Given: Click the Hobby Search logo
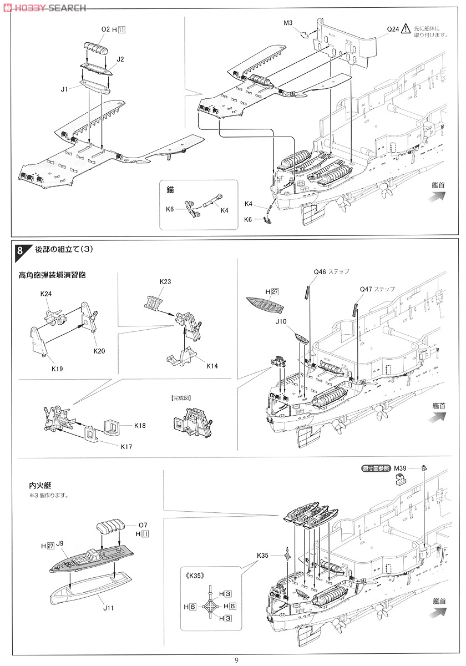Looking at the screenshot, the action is (x=44, y=8).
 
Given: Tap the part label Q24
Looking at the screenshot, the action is (x=393, y=29).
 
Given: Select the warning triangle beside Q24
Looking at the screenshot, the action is (x=406, y=28).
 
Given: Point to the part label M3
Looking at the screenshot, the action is (x=288, y=23).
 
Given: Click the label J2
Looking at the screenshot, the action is (x=120, y=59).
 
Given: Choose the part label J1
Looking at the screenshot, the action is (x=64, y=89).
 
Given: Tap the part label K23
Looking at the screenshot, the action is (x=165, y=281).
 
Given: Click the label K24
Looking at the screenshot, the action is (x=45, y=294).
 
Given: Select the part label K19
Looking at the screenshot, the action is (x=57, y=369).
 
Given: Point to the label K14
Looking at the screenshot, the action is (x=212, y=366).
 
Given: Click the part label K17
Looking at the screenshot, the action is (x=126, y=446).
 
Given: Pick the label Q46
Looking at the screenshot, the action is (x=320, y=272).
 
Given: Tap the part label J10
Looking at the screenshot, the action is (x=281, y=321).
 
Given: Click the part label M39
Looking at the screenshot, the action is (x=400, y=468).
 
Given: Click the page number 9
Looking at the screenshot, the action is (x=236, y=660).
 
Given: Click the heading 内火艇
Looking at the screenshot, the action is (x=40, y=486).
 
